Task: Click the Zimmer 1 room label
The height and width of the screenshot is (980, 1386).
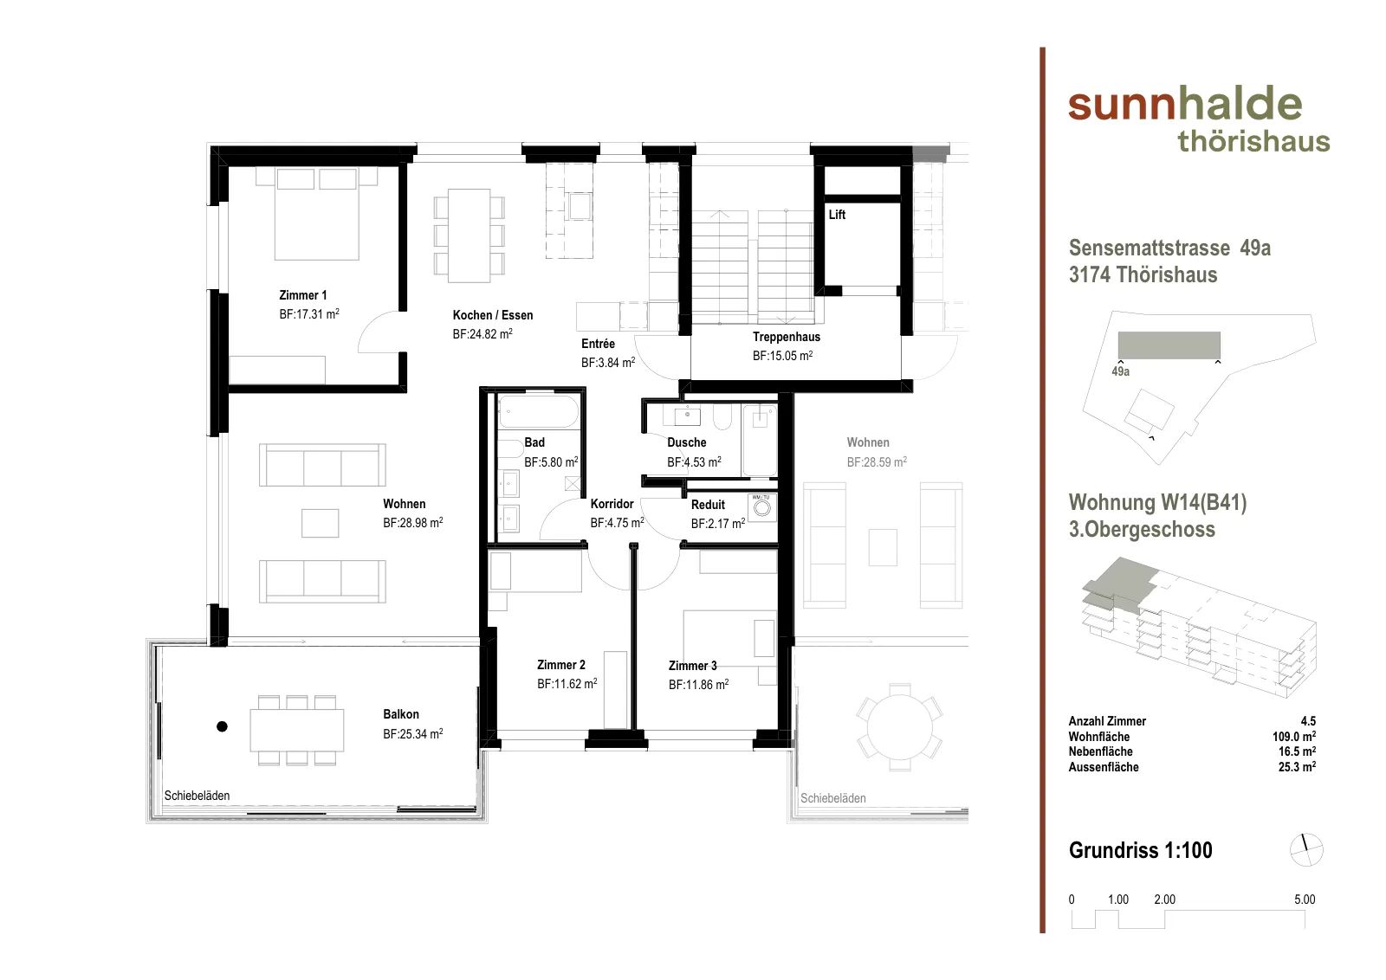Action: [x=302, y=295]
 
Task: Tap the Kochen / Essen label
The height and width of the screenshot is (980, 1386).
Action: [x=493, y=315]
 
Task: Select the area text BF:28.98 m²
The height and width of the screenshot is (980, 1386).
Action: [x=412, y=522]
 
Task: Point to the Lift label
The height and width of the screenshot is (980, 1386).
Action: [x=837, y=215]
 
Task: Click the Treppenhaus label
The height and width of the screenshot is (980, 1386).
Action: [x=787, y=337]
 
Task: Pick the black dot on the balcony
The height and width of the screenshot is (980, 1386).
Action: [x=222, y=726]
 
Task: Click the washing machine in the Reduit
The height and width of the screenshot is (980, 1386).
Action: [x=762, y=508]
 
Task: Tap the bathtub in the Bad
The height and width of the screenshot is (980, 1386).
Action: [x=538, y=412]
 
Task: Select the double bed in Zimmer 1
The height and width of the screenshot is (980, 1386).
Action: [x=317, y=213]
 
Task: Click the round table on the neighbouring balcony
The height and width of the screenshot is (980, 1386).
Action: [x=900, y=727]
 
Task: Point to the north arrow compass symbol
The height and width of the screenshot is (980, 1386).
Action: [x=1306, y=849]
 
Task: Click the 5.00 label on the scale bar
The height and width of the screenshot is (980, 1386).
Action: [x=1305, y=899]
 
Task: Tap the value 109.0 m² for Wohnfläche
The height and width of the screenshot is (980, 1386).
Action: [x=1294, y=737]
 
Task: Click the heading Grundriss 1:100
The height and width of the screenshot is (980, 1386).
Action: [x=1140, y=850]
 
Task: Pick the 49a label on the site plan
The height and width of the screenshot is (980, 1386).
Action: [x=1121, y=371]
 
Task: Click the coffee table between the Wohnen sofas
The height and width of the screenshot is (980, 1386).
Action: [x=320, y=523]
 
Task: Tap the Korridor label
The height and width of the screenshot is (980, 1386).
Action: [x=612, y=504]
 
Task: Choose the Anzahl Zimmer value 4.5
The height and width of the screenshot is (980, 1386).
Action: [x=1308, y=721]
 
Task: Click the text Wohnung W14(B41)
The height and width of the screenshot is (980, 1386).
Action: [x=1157, y=502]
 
